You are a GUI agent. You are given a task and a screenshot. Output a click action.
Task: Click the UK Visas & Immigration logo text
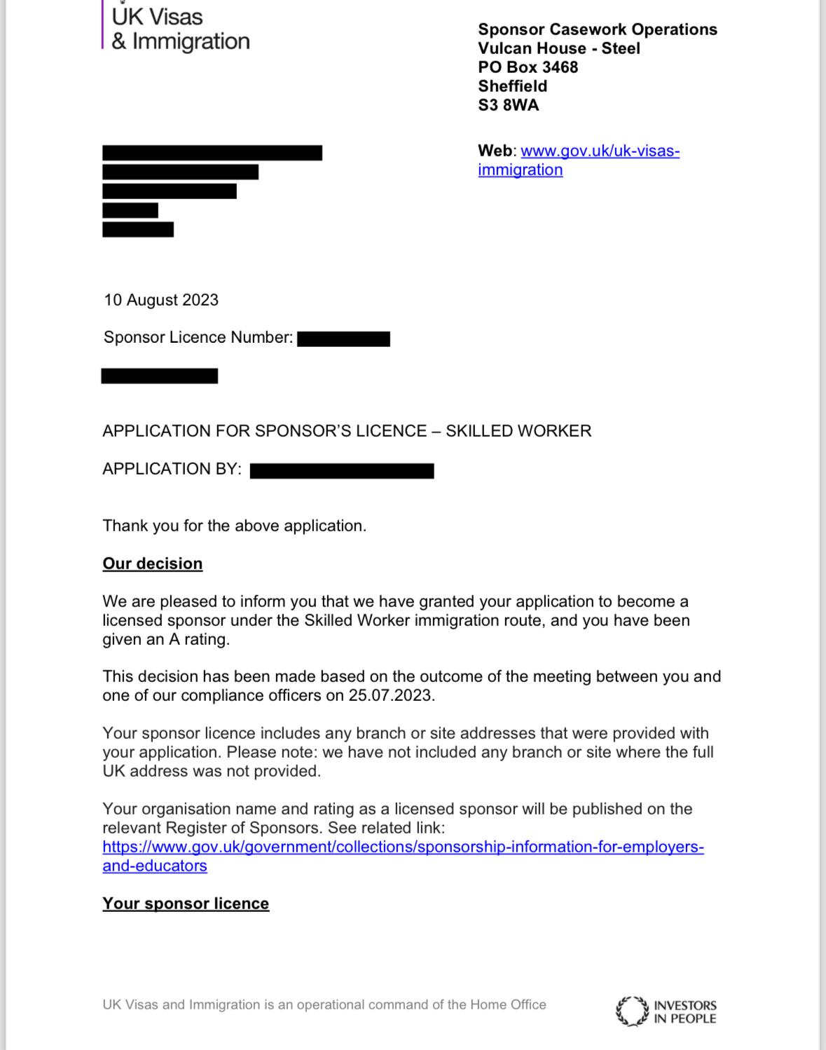pyautogui.click(x=180, y=29)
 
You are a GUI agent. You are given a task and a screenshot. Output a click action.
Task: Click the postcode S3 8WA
pyautogui.click(x=509, y=105)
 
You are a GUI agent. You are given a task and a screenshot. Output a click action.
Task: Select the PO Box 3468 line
pyautogui.click(x=528, y=67)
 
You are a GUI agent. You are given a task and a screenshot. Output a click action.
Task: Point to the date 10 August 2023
pyautogui.click(x=161, y=300)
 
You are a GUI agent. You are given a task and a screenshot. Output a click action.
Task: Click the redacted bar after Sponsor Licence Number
pyautogui.click(x=343, y=339)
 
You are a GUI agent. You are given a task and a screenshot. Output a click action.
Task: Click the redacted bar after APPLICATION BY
pyautogui.click(x=342, y=470)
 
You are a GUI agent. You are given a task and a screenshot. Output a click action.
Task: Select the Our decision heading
pyautogui.click(x=153, y=564)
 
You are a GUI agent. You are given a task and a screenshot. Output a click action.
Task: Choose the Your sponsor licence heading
pyautogui.click(x=186, y=904)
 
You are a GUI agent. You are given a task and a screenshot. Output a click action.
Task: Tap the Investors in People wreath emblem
pyautogui.click(x=632, y=1011)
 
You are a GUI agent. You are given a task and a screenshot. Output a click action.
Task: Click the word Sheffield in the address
pyautogui.click(x=513, y=86)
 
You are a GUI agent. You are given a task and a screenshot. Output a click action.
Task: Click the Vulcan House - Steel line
pyautogui.click(x=559, y=48)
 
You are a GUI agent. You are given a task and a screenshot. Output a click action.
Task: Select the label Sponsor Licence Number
pyautogui.click(x=198, y=338)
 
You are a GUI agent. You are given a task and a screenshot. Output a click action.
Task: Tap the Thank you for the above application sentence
pyautogui.click(x=235, y=526)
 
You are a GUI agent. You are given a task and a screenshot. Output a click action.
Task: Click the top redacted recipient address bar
pyautogui.click(x=212, y=153)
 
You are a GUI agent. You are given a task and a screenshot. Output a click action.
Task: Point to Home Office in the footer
pyautogui.click(x=508, y=1004)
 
